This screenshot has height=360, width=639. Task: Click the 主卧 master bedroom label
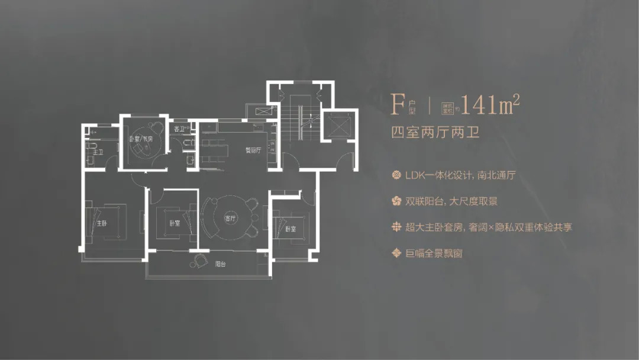[102, 224]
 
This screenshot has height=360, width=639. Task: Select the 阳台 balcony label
[220, 263]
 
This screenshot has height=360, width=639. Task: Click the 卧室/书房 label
[141, 139]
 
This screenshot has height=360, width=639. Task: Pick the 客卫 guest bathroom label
[178, 128]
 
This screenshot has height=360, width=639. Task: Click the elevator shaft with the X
[340, 125]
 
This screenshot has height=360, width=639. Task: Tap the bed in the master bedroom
[109, 220]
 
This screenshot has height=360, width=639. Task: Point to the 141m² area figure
[490, 105]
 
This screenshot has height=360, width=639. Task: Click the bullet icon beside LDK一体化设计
[397, 176]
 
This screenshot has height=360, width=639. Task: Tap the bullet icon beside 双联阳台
[397, 201]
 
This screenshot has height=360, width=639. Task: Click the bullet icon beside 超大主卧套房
[397, 227]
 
